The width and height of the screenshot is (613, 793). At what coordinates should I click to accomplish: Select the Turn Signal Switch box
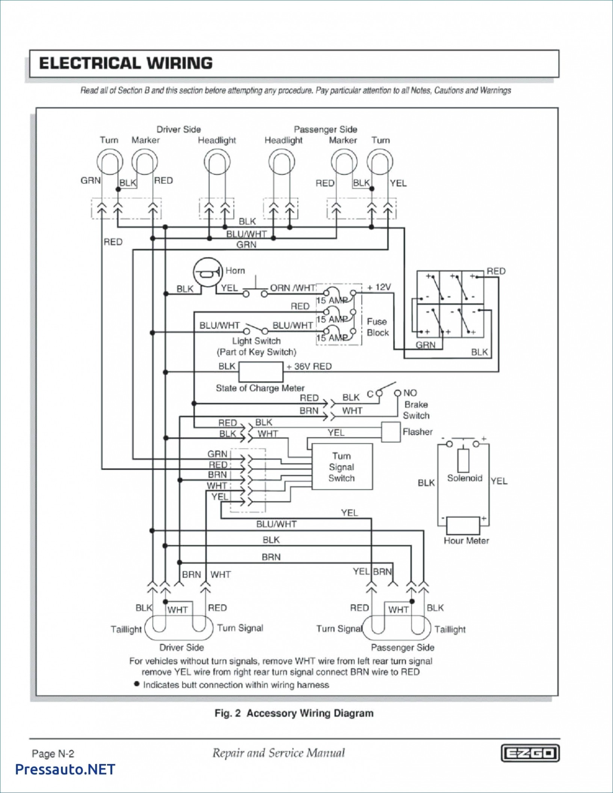[x=342, y=467]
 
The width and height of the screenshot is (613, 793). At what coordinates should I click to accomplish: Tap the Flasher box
[x=391, y=432]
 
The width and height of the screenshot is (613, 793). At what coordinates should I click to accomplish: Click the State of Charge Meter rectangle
[x=261, y=372]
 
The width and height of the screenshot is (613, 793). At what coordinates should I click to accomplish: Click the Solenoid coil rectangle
[x=464, y=460]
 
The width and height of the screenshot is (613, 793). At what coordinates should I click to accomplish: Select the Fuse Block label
[x=377, y=327]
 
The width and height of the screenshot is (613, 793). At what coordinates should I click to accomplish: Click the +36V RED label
[x=309, y=366]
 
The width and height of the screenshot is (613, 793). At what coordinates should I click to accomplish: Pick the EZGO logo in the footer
[x=530, y=753]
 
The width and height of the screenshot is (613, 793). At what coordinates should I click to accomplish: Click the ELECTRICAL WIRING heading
[x=126, y=63]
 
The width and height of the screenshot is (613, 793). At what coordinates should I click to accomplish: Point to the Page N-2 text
[x=53, y=753]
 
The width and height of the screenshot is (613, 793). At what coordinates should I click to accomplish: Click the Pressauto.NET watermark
[x=65, y=769]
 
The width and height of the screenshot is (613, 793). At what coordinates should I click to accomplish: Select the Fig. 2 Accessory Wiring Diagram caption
[x=294, y=713]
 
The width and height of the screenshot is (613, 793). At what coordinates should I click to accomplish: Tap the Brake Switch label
[x=416, y=410]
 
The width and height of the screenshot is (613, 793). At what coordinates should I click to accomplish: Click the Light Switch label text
[x=257, y=341]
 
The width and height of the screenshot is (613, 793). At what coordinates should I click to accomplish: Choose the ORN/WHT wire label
[x=293, y=288]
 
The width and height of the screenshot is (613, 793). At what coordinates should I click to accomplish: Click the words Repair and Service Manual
[x=278, y=753]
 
